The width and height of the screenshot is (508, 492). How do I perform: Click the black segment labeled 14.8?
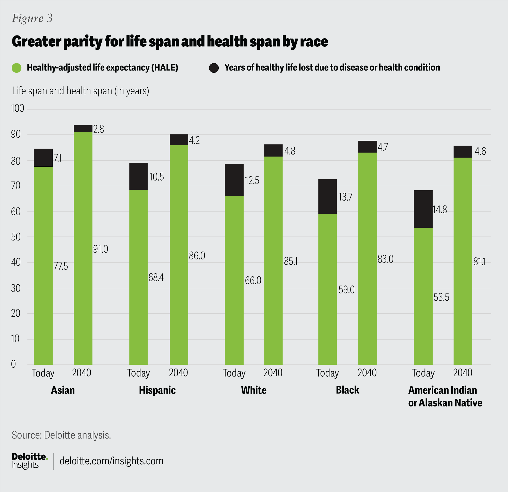[423, 209]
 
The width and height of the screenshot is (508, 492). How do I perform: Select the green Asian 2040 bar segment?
[83, 248]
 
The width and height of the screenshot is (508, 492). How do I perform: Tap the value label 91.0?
[101, 249]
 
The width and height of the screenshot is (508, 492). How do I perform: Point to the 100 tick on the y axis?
[17, 109]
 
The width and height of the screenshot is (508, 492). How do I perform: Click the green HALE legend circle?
[17, 68]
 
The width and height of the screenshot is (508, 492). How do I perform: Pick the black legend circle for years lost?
[214, 68]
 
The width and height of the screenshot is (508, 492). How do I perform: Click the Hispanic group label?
[157, 390]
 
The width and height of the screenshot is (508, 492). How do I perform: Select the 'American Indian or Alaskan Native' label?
[445, 396]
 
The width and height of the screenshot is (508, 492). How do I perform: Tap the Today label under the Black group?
[327, 373]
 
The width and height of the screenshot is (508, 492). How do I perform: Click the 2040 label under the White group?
[273, 373]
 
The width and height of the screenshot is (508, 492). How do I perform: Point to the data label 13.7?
[345, 197]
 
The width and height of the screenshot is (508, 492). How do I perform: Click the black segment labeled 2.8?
[83, 129]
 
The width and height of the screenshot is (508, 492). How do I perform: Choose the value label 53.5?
[441, 297]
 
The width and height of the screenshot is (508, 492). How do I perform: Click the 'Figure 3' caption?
[32, 18]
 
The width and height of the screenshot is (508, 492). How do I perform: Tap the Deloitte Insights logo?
[29, 461]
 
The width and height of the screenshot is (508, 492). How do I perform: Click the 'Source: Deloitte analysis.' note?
[61, 435]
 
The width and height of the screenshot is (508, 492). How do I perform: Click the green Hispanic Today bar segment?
[138, 277]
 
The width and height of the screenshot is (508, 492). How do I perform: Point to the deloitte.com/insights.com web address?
[112, 461]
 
